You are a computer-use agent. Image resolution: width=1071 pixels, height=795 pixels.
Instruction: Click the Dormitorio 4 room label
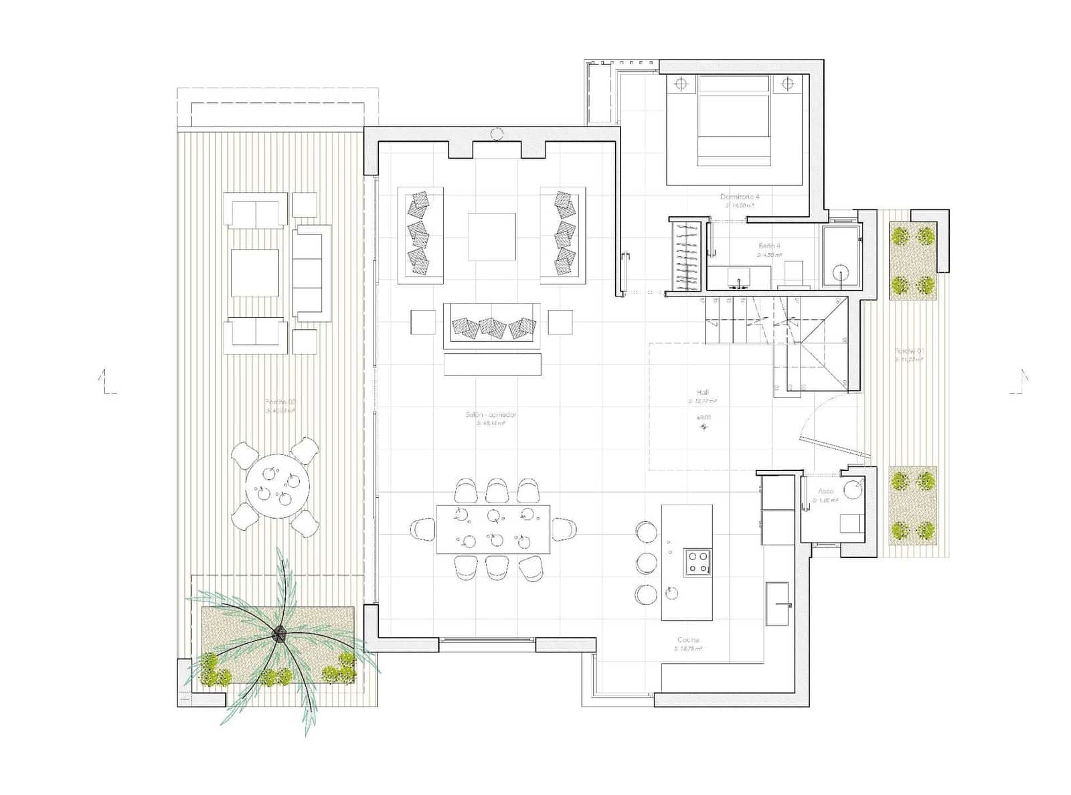pyautogui.click(x=739, y=197)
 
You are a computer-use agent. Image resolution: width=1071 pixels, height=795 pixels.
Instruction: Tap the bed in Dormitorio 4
pyautogui.click(x=734, y=120)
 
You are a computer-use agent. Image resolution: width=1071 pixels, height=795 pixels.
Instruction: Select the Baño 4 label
pyautogui.click(x=769, y=246)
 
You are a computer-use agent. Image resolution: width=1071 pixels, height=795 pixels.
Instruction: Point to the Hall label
pyautogui.click(x=702, y=393)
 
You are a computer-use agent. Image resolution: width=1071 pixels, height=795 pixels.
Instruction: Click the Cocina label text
pyautogui.click(x=687, y=640)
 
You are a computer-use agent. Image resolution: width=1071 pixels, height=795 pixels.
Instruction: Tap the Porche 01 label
pyautogui.click(x=910, y=351)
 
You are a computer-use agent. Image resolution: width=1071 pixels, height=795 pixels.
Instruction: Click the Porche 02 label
pyautogui.click(x=280, y=402)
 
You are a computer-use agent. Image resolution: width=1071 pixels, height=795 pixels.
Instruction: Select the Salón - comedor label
pyautogui.click(x=491, y=415)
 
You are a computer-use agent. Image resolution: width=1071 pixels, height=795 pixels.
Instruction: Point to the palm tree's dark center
pyautogui.click(x=279, y=632)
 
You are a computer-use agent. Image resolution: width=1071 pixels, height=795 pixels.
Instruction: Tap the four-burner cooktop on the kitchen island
pyautogui.click(x=697, y=561)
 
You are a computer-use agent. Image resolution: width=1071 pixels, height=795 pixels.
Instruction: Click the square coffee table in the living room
pyautogui.click(x=491, y=236)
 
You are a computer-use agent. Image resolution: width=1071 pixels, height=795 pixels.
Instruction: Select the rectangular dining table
pyautogui.click(x=493, y=529)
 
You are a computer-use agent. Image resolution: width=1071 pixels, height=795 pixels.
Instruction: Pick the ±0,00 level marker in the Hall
pyautogui.click(x=704, y=418)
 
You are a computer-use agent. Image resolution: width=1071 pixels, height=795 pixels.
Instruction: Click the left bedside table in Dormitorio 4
pyautogui.click(x=680, y=84)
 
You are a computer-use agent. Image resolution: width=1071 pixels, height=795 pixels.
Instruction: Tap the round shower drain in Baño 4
pyautogui.click(x=841, y=272)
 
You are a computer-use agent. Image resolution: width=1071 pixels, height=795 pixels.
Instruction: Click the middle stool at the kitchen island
pyautogui.click(x=647, y=562)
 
